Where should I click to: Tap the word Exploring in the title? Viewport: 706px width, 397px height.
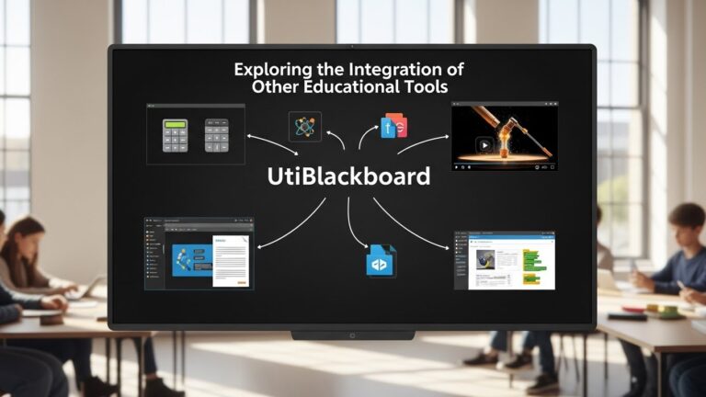[273, 69]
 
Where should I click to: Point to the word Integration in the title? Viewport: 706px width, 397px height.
[396, 69]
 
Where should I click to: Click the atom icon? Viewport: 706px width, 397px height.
[304, 126]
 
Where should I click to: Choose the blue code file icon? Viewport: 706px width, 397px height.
[381, 261]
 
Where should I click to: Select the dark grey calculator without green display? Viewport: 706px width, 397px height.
[216, 135]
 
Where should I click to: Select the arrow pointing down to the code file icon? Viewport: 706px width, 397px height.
[353, 225]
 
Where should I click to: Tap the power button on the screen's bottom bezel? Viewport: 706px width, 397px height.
[352, 335]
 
